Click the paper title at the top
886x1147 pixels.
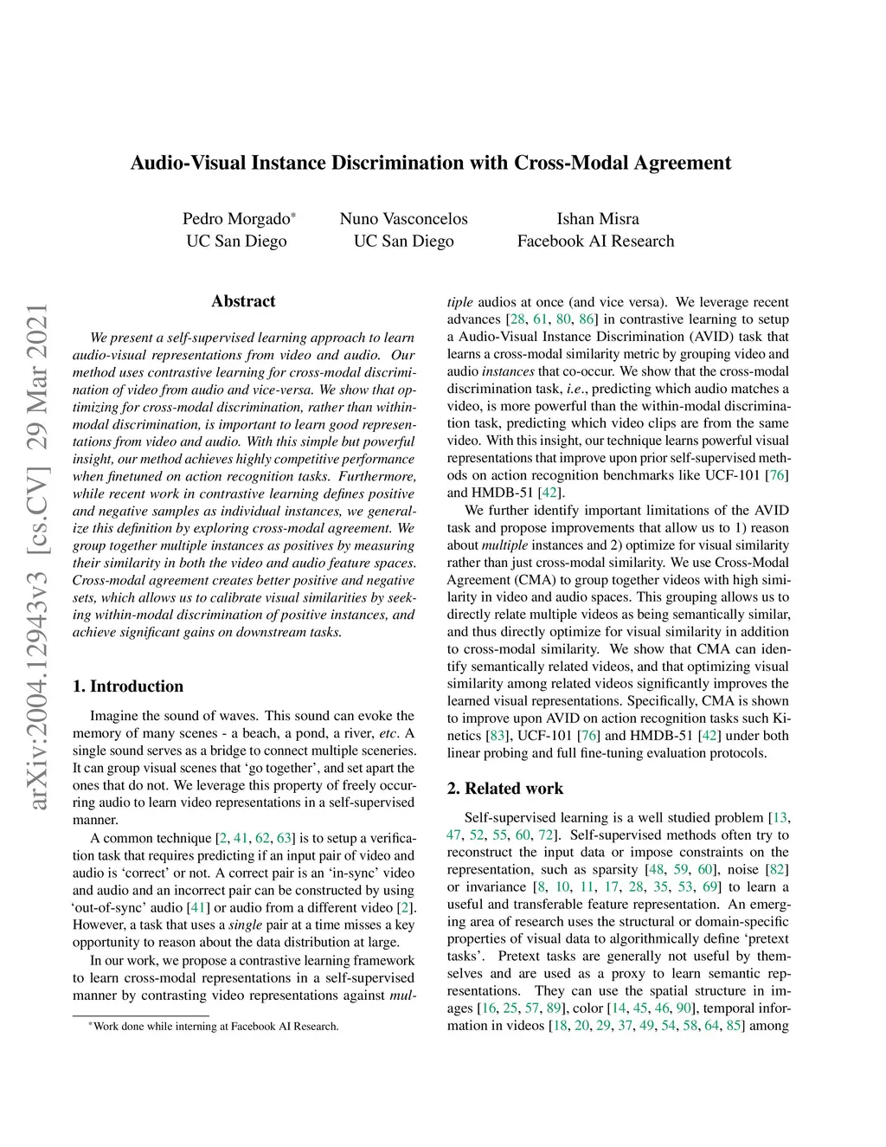pos(430,163)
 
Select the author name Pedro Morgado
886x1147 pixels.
pos(236,219)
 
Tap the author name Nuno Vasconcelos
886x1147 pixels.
pos(403,219)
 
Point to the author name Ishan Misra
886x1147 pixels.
pos(598,219)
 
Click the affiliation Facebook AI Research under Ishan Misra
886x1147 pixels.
pos(595,242)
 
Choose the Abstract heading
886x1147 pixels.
pos(243,301)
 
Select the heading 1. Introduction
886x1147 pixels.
pos(128,686)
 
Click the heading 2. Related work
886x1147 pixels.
pos(505,789)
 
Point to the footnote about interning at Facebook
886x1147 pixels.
pos(214,1027)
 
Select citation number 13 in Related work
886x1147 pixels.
pos(780,818)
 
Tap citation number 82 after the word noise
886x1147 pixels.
pos(778,870)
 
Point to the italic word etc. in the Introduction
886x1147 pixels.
pos(388,733)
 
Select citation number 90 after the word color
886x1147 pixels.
pos(684,1008)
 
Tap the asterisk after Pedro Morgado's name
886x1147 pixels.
pos(293,214)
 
